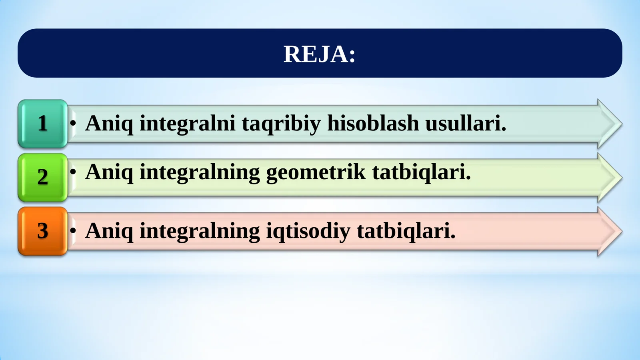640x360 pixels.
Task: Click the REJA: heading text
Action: [319, 54]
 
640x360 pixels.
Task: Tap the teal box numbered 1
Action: [43, 124]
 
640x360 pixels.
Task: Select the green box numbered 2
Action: [43, 177]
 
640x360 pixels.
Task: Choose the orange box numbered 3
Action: [43, 231]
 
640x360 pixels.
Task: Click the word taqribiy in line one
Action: [281, 124]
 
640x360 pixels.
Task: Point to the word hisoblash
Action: [373, 123]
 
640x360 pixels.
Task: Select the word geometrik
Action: [316, 172]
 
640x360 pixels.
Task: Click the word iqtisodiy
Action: [308, 231]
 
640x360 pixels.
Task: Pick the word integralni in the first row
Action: [187, 124]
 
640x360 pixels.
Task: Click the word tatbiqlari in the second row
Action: [421, 172]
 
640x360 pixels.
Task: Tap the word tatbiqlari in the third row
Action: [406, 231]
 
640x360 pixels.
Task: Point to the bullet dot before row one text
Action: [73, 123]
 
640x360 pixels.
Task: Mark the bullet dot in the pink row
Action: [73, 231]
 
